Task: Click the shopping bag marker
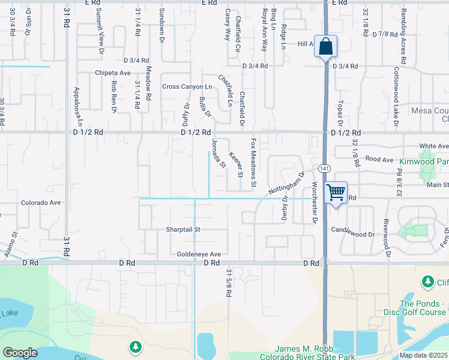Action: pyautogui.click(x=325, y=47)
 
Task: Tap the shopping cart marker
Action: pyautogui.click(x=336, y=193)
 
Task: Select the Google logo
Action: pyautogui.click(x=20, y=353)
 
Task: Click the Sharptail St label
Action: pyautogui.click(x=183, y=229)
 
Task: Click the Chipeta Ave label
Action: pyautogui.click(x=112, y=73)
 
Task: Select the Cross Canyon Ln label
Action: pyautogui.click(x=187, y=87)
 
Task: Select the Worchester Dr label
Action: pyautogui.click(x=313, y=203)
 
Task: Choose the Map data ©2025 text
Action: pyautogui.click(x=424, y=355)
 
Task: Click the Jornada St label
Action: pyautogui.click(x=218, y=153)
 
